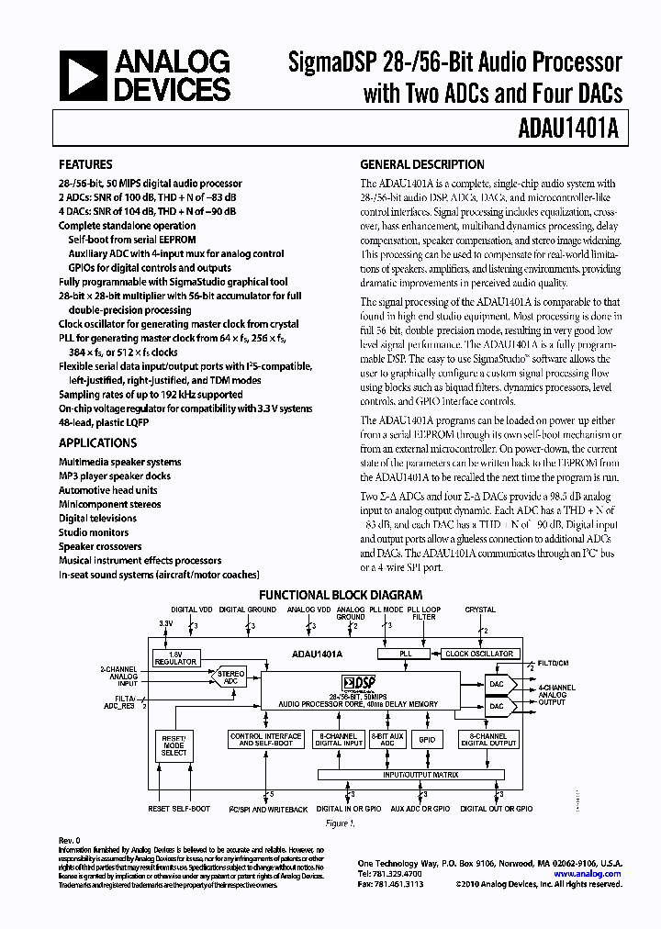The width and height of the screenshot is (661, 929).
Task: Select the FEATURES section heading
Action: (x=86, y=165)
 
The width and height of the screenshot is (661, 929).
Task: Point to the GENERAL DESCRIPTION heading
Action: (x=422, y=165)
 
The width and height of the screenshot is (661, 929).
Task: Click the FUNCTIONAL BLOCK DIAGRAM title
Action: (x=342, y=595)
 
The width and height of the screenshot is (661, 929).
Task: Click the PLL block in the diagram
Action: (x=404, y=655)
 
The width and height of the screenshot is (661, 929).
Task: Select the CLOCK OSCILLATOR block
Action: (x=478, y=655)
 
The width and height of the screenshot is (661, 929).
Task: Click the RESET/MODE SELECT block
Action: (x=174, y=745)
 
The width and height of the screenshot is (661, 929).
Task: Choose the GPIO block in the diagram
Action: (x=427, y=739)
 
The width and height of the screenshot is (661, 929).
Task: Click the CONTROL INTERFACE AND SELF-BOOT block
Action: (x=265, y=739)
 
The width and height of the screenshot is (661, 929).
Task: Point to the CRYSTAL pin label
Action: (x=480, y=610)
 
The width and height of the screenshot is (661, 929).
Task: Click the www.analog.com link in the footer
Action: (x=593, y=874)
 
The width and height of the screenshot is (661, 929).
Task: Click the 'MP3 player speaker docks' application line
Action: (x=115, y=476)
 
